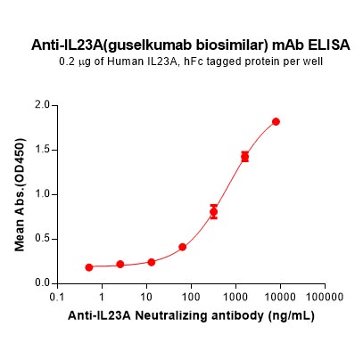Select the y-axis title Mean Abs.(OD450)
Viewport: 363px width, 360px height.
pyautogui.click(x=20, y=195)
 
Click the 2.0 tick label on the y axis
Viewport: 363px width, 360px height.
pyautogui.click(x=43, y=105)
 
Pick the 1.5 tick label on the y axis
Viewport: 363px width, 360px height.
pyautogui.click(x=43, y=150)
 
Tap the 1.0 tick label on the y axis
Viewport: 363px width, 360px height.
pyautogui.click(x=43, y=194)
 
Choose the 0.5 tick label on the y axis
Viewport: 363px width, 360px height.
pyautogui.click(x=43, y=239)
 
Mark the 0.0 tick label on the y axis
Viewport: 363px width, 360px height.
pyautogui.click(x=43, y=283)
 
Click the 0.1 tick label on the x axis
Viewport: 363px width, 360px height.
pyautogui.click(x=57, y=297)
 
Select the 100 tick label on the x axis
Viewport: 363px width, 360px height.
pyautogui.click(x=191, y=297)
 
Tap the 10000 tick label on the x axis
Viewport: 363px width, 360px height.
pyautogui.click(x=280, y=297)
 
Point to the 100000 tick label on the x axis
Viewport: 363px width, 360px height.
pyautogui.click(x=325, y=297)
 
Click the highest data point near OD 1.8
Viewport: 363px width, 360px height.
pyautogui.click(x=276, y=121)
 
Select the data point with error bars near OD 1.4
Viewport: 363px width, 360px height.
pyautogui.click(x=244, y=156)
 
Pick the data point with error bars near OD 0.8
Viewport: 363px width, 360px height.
pyautogui.click(x=213, y=212)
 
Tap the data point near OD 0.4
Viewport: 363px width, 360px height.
pyautogui.click(x=183, y=247)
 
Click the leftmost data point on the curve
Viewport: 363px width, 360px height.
pyautogui.click(x=89, y=267)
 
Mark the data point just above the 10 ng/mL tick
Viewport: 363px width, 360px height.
pyautogui.click(x=152, y=262)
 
